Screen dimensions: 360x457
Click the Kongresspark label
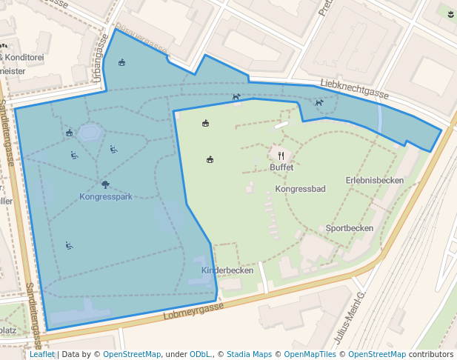105,197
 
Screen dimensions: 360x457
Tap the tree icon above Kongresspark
105,184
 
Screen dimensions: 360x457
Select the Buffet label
281,167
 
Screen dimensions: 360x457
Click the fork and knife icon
281,156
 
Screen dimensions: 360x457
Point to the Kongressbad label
300,189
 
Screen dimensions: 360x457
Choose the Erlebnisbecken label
374,180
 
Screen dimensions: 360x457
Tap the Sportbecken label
350,228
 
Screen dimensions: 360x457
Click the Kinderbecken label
227,270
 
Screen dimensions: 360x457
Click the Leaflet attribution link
42,354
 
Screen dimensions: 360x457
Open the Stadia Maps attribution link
249,354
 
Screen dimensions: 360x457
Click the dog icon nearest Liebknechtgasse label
318,103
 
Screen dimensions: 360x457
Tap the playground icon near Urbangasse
122,62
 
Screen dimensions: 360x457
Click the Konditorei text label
25,57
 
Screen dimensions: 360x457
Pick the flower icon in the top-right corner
451,13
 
